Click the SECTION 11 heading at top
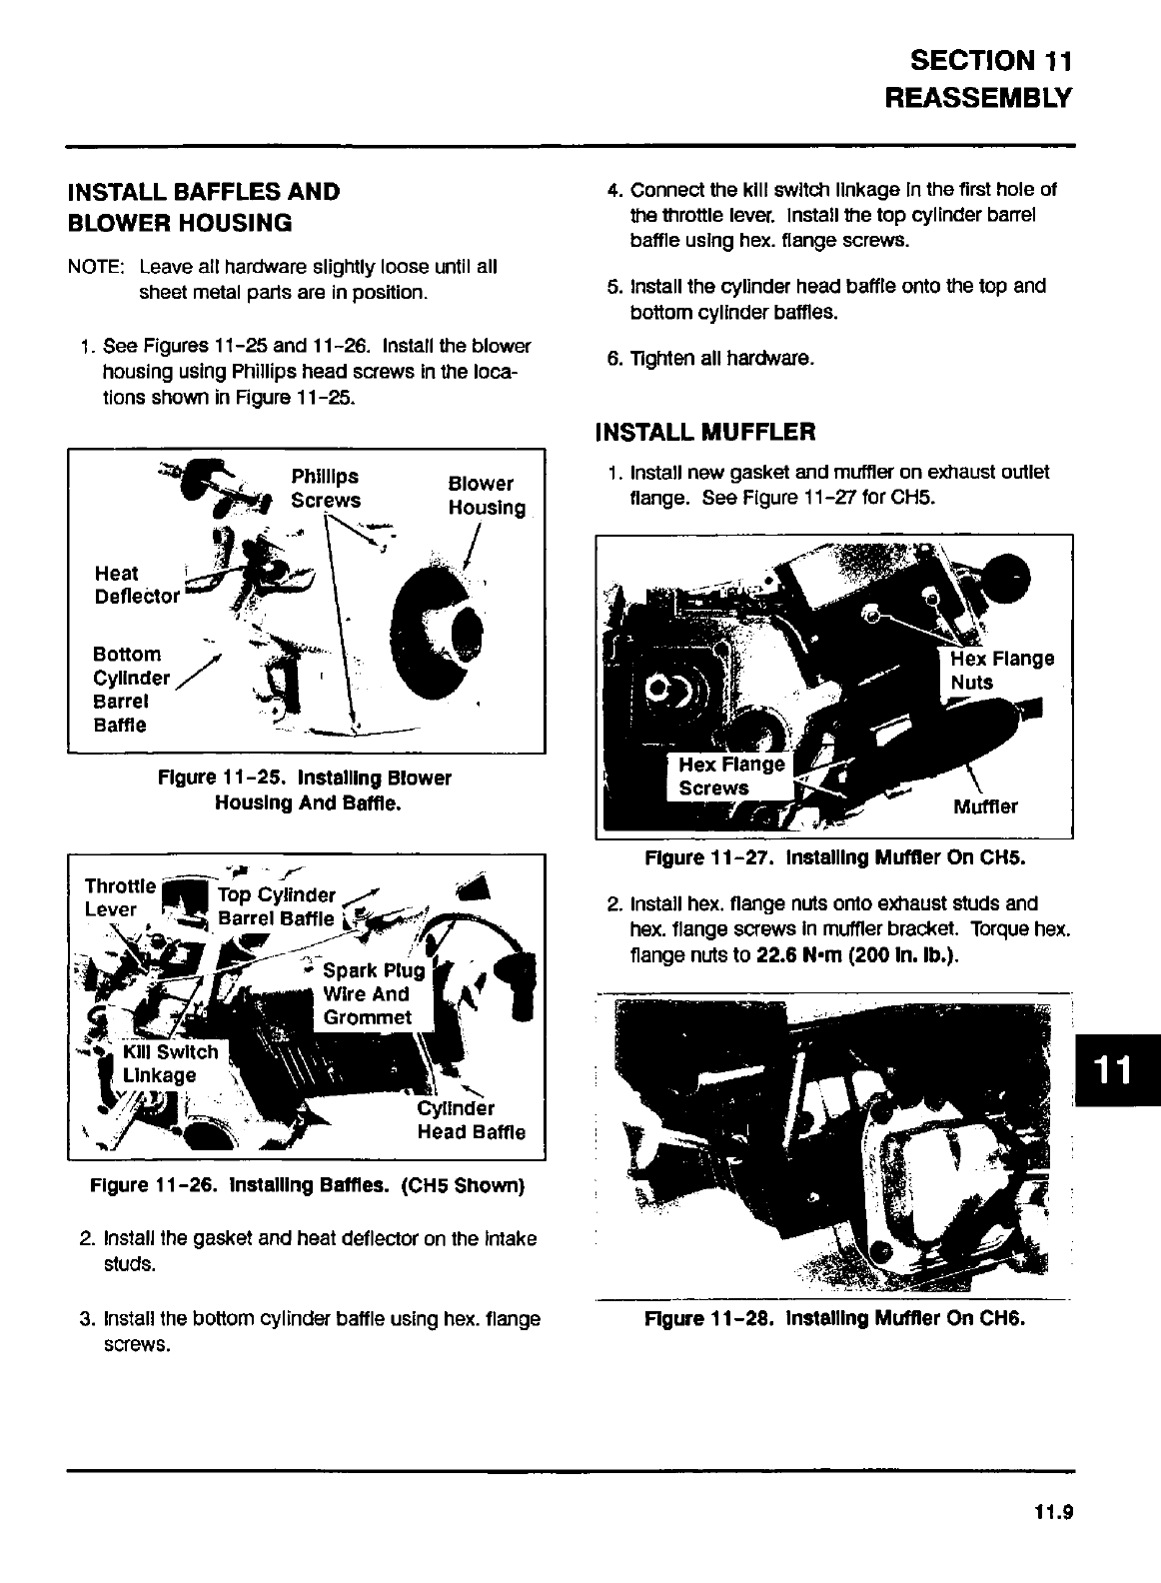(991, 61)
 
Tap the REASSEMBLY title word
(978, 99)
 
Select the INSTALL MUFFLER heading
(704, 432)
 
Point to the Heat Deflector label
(136, 585)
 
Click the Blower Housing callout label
(486, 496)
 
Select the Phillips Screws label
(326, 488)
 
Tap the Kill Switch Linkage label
(170, 1063)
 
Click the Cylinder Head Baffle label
(470, 1120)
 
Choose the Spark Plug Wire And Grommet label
(373, 993)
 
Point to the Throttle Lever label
(119, 897)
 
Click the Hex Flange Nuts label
(1000, 671)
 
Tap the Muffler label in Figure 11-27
(985, 806)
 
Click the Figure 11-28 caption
(836, 1318)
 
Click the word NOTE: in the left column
(95, 268)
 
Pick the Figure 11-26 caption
(306, 1186)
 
